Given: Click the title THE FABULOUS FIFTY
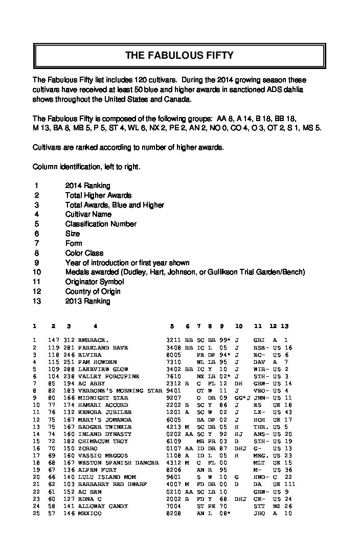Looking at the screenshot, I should click(x=179, y=56).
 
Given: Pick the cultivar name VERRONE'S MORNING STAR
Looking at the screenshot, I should click(x=120, y=390).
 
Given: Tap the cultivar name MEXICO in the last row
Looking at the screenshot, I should click(x=89, y=513).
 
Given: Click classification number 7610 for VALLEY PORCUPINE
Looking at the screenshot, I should click(x=174, y=376).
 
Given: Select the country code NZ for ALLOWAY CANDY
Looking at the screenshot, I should click(x=275, y=506).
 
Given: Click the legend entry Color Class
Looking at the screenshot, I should click(x=84, y=253).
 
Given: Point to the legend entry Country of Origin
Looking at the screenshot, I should click(x=93, y=291).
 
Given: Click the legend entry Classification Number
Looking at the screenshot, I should click(x=101, y=224).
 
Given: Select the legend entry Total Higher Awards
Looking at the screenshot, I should click(x=98, y=195).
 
